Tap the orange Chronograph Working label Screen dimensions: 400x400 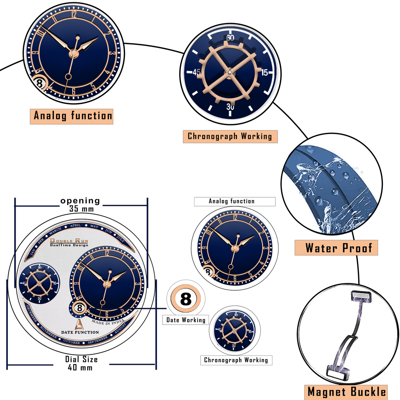pyautogui.click(x=230, y=136)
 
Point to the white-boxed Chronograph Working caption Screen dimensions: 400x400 pyautogui.click(x=236, y=360)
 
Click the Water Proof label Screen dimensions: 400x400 pyautogui.click(x=336, y=248)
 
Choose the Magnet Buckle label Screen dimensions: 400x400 pyautogui.click(x=346, y=391)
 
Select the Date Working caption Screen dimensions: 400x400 pyautogui.click(x=186, y=320)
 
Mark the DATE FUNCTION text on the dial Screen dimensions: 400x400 pyautogui.click(x=80, y=332)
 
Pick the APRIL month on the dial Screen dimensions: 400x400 pyautogui.click(x=75, y=226)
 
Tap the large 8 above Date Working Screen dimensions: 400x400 pyautogui.click(x=186, y=300)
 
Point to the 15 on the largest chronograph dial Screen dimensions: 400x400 pyautogui.click(x=264, y=73)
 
